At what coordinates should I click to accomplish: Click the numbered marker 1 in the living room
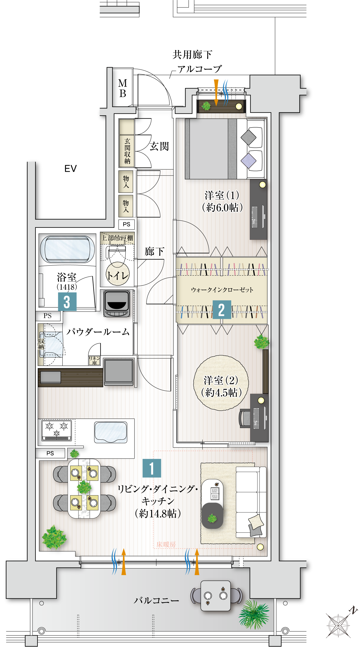[152, 468]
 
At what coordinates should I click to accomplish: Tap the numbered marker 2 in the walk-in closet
[222, 309]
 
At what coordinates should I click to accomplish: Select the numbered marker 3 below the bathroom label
[67, 302]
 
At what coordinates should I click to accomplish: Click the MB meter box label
[122, 88]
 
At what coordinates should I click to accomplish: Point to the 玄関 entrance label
[159, 146]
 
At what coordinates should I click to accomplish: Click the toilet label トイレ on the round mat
[118, 276]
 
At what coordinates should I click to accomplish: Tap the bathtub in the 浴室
[67, 248]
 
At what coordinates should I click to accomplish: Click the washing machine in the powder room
[117, 303]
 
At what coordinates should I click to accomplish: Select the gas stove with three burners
[57, 430]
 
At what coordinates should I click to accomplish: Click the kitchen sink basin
[110, 432]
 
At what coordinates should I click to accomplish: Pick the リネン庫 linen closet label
[94, 361]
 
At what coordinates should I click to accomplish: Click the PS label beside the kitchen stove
[50, 453]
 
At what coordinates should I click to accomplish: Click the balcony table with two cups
[215, 596]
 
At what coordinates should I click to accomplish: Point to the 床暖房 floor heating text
[166, 545]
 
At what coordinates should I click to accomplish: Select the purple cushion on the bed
[248, 161]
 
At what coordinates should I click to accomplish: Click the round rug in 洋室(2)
[221, 383]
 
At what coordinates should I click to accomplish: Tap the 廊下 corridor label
[155, 252]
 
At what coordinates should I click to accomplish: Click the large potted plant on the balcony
[253, 614]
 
